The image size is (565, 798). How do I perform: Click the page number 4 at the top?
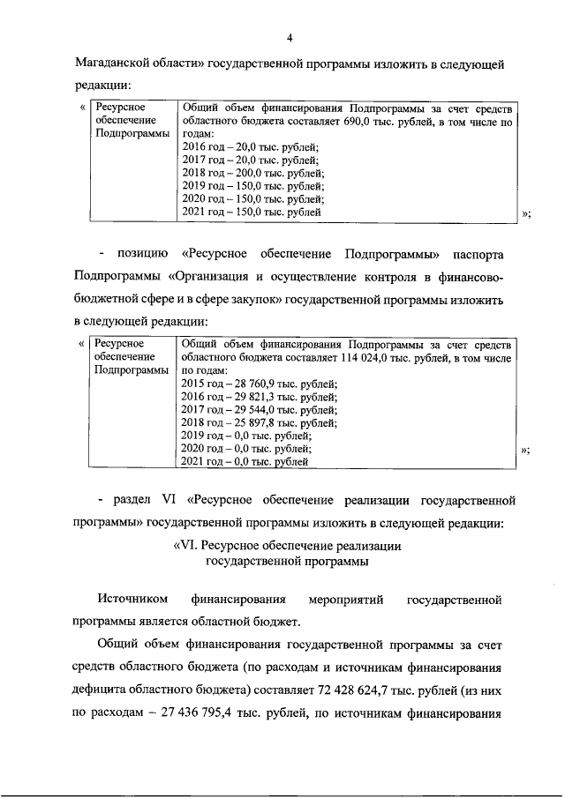click(289, 36)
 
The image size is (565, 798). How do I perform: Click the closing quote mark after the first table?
click(526, 213)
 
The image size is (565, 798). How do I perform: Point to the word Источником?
click(132, 600)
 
